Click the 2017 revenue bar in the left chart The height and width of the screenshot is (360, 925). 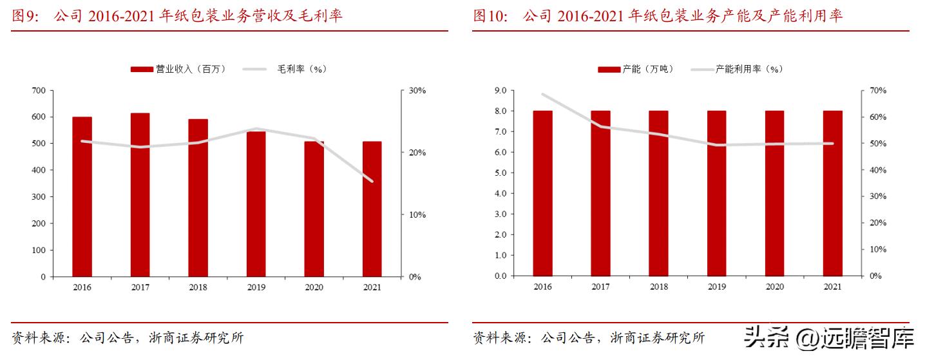click(x=140, y=194)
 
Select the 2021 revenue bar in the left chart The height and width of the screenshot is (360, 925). click(x=372, y=209)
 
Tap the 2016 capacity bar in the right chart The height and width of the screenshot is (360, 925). click(x=542, y=193)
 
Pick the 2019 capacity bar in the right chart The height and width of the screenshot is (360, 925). click(x=716, y=193)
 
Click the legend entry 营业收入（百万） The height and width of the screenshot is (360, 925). click(x=179, y=69)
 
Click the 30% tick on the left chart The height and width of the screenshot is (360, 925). click(x=417, y=91)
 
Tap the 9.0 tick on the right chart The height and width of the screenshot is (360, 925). click(x=501, y=91)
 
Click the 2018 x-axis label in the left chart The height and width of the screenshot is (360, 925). click(x=198, y=287)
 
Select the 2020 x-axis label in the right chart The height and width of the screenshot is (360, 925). click(x=774, y=287)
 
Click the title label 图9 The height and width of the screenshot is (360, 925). click(x=26, y=16)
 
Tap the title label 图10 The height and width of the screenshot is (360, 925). click(x=490, y=16)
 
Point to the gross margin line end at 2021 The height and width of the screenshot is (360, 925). click(x=372, y=181)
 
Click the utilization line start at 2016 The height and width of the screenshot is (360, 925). click(x=542, y=95)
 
